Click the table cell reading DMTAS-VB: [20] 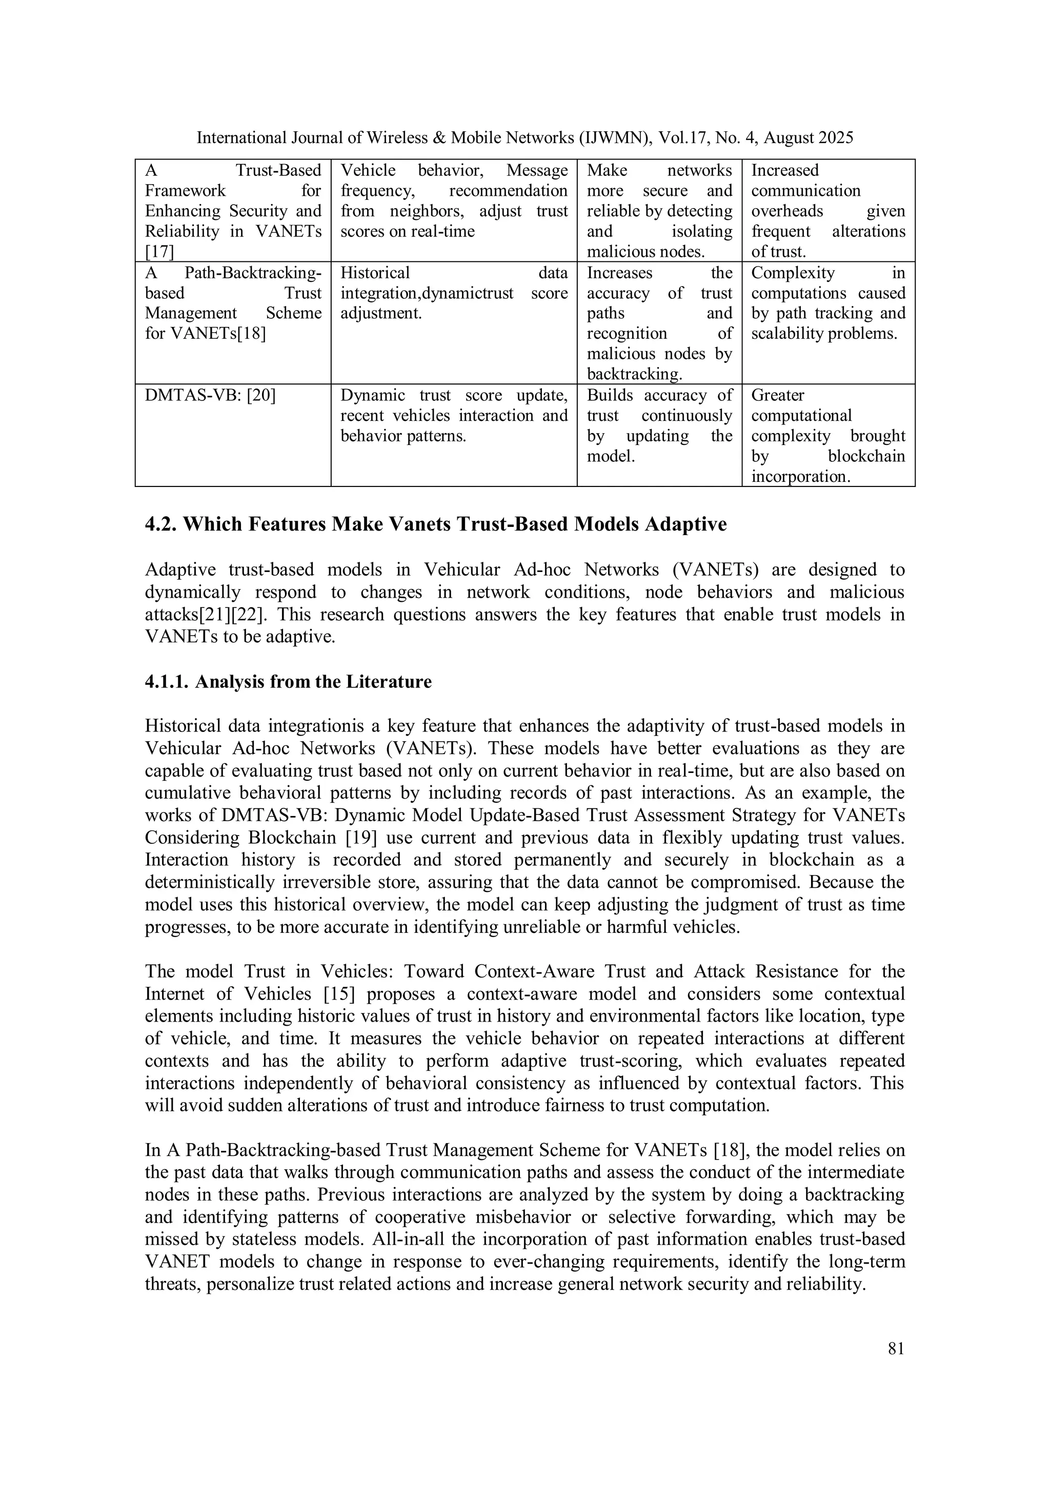(x=210, y=395)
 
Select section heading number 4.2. (x=161, y=524)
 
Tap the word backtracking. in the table (x=635, y=374)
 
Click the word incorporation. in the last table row (x=800, y=477)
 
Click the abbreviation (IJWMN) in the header (x=615, y=138)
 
